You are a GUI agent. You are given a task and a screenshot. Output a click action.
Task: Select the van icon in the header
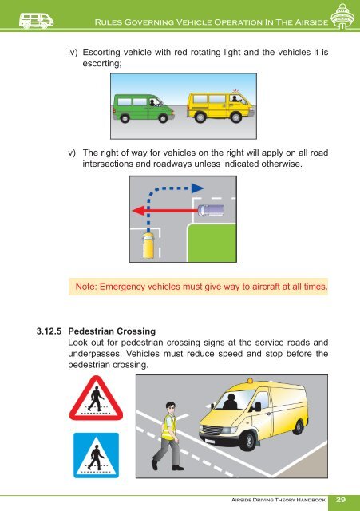(x=22, y=20)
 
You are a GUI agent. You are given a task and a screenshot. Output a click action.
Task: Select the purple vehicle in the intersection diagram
(x=209, y=211)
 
